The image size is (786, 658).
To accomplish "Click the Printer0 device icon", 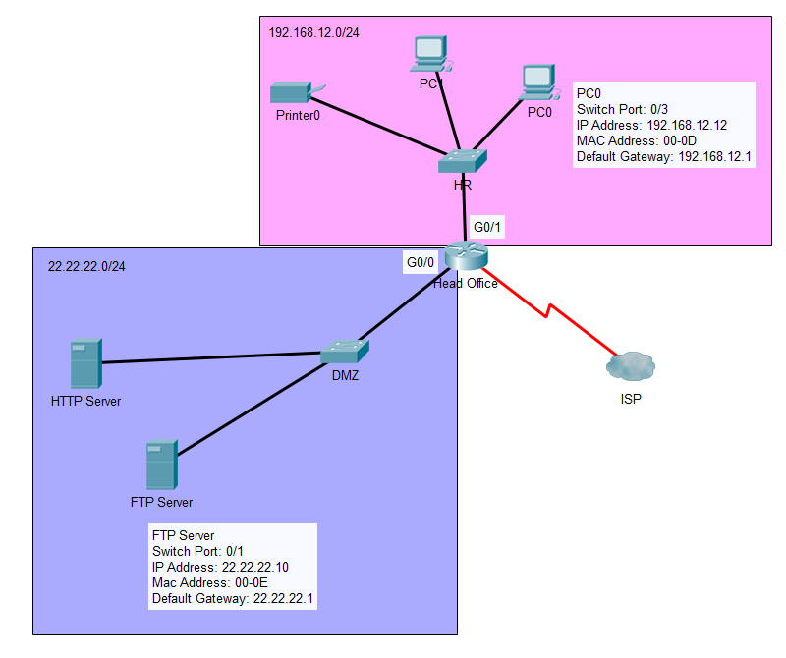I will [291, 92].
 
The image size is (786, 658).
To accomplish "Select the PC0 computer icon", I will [536, 82].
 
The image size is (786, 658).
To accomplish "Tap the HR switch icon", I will [463, 160].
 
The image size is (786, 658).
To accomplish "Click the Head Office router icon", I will [466, 256].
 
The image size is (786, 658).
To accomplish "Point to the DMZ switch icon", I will [344, 351].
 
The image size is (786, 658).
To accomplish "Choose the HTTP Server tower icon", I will [85, 363].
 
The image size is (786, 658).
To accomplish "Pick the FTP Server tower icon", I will [160, 466].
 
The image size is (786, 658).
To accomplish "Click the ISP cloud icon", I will [630, 367].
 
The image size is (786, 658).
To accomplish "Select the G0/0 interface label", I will [421, 262].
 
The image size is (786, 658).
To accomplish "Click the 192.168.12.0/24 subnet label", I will [313, 32].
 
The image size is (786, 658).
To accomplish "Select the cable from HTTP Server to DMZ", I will [211, 357].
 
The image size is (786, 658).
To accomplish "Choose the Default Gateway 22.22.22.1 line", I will [232, 598].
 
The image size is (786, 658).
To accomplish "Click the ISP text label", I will [630, 400].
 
